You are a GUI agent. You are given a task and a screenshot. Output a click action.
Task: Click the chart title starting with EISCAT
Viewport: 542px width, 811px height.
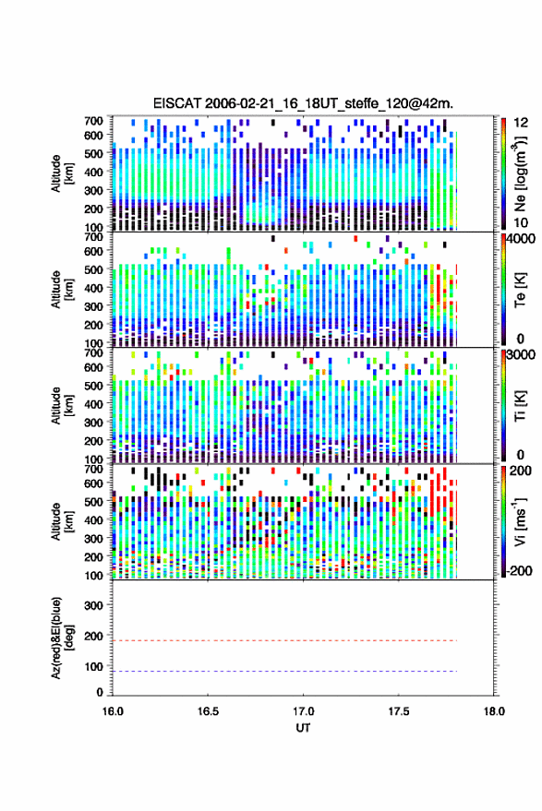303,103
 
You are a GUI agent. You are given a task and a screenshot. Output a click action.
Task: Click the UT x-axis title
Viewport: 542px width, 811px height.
303,728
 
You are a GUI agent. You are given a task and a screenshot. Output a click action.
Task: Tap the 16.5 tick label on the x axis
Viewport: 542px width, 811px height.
208,711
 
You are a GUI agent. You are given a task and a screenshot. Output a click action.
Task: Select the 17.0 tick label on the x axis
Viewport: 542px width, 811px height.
303,711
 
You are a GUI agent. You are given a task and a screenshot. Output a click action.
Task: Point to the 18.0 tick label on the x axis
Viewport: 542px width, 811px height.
494,711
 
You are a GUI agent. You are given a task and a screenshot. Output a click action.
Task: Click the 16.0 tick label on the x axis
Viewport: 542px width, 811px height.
113,711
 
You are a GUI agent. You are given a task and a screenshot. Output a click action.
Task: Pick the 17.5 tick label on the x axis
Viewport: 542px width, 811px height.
399,711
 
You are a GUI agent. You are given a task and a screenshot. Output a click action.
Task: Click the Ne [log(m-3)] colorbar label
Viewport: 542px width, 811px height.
519,173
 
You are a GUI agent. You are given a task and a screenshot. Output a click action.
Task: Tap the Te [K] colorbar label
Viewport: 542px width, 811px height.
520,290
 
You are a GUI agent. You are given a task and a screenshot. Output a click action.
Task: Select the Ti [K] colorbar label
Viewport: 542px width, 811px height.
520,406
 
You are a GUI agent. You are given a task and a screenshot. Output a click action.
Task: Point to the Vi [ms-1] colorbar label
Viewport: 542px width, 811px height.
519,521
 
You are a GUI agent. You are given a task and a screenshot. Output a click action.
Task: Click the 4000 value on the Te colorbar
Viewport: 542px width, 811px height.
522,238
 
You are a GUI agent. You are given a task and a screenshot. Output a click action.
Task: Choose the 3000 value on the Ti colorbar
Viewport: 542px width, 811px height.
522,354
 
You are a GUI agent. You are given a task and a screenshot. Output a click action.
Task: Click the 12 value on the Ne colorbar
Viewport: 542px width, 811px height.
521,123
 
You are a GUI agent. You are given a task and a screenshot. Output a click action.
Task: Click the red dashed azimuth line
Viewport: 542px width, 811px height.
284,641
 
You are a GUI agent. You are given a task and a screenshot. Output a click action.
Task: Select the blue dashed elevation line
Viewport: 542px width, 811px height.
284,672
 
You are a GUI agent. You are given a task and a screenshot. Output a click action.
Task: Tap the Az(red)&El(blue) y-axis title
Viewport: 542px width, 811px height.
62,638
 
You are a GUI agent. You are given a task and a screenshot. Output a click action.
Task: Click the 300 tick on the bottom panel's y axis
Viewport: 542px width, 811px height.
93,605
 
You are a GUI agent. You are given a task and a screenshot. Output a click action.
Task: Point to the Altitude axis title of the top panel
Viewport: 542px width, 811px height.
62,173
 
